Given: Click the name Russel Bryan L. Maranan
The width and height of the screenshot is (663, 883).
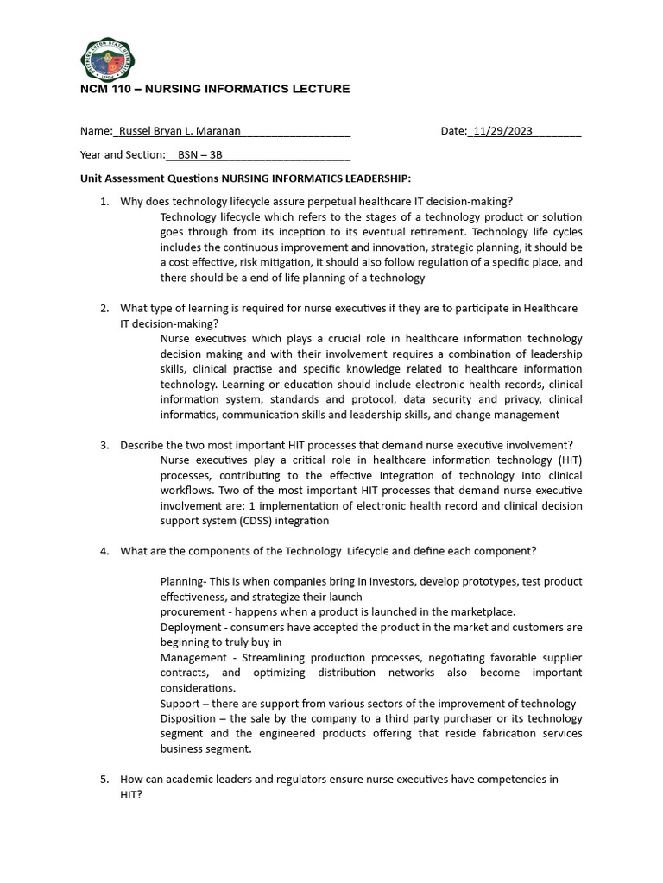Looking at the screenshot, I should coord(179,131).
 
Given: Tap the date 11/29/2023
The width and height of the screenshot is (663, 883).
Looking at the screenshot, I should coord(501,131).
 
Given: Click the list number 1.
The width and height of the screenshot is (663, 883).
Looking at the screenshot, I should coord(103,201).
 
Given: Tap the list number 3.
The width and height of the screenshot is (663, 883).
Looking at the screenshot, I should coord(103,445).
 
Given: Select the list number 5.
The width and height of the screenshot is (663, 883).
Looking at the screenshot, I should coord(103,779).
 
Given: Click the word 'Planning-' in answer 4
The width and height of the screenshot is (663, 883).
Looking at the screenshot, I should coord(184,581).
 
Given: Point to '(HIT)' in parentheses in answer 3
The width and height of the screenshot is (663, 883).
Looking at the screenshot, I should coord(569,460).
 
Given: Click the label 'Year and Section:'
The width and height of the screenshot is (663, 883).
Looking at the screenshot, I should coord(122,154).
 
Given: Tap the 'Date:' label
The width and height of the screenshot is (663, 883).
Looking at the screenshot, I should coord(453,131).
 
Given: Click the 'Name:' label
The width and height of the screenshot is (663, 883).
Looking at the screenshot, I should coord(96,131).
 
